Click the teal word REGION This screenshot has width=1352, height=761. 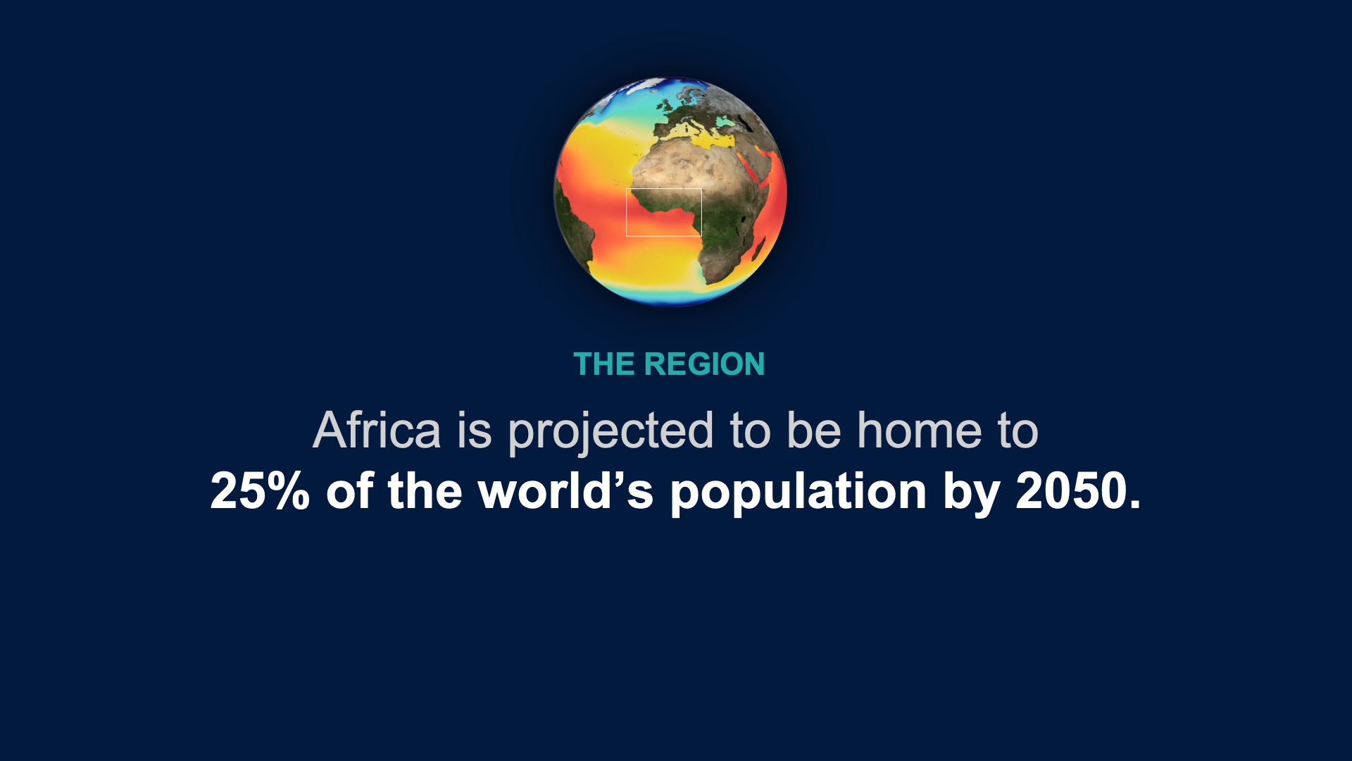704,364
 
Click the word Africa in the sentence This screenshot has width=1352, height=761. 377,430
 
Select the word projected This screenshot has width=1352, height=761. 611,431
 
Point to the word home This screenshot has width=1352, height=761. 919,430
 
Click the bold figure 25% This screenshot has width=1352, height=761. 260,490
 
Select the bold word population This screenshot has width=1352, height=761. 799,492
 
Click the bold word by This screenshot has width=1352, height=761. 971,492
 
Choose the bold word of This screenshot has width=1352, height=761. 349,490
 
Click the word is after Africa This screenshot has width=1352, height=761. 475,430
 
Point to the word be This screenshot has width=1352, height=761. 813,430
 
